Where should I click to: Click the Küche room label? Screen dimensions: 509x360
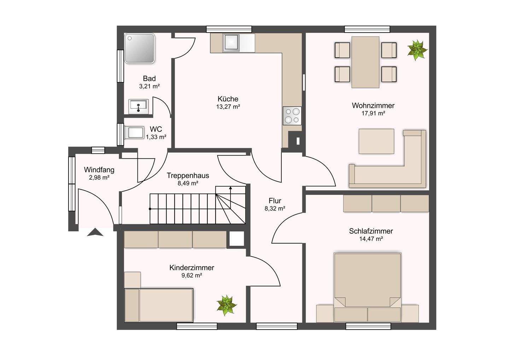[228, 99]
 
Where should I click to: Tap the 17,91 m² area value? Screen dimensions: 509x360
[373, 113]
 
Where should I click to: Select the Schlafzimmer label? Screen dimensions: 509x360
[371, 231]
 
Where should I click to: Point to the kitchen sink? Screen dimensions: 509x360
[231, 42]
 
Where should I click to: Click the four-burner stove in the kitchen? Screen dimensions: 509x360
[292, 116]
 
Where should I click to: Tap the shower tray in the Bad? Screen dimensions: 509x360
[140, 48]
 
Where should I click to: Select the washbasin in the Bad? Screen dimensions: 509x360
[139, 106]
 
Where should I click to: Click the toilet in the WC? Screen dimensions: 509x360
[134, 132]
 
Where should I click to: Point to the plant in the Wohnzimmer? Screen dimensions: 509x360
[417, 50]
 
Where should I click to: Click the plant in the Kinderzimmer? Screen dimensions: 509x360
[226, 305]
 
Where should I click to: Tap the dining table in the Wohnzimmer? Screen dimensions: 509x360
[365, 62]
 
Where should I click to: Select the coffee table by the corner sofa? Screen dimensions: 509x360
[376, 141]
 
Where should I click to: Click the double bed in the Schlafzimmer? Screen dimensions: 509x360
[368, 287]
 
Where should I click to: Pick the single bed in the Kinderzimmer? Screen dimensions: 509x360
[159, 305]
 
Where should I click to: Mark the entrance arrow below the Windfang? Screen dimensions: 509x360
[95, 232]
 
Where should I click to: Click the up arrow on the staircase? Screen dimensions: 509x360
[230, 197]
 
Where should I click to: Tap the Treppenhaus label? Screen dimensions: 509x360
[188, 175]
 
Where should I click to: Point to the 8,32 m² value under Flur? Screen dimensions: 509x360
[275, 208]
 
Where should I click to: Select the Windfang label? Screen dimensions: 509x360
[99, 170]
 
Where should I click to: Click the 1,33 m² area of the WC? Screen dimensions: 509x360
[156, 137]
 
